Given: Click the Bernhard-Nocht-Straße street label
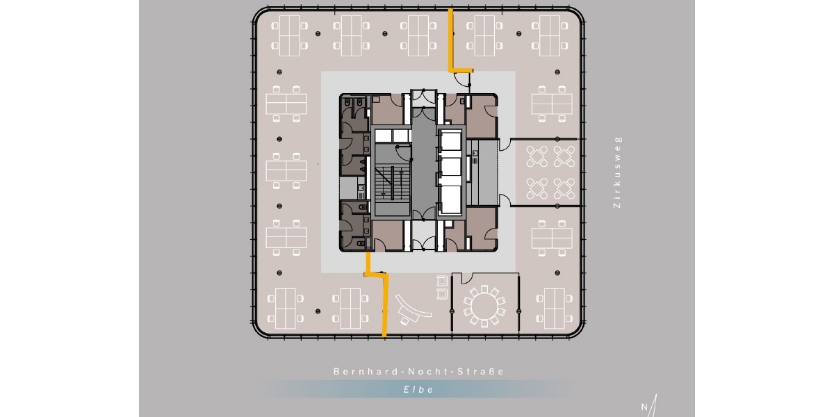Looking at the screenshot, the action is click(x=418, y=372).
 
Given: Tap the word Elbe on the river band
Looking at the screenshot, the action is click(x=419, y=389).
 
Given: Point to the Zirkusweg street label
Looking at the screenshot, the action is click(x=617, y=172).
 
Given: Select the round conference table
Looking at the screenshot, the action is click(x=484, y=306).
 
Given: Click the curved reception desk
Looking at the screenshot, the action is click(x=413, y=310).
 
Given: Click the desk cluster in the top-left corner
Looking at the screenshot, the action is click(x=289, y=35).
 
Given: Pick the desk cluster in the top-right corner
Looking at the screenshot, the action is click(x=550, y=35).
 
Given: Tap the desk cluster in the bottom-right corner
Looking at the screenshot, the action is click(x=555, y=309).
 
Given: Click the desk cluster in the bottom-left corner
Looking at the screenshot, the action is click(x=286, y=309).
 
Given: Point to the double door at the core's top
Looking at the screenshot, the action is click(x=424, y=97).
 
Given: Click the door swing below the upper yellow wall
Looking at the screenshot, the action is click(x=462, y=80).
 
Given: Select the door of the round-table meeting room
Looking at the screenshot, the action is click(x=467, y=278).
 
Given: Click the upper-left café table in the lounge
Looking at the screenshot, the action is click(x=537, y=156).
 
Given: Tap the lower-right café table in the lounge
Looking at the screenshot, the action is click(x=564, y=188).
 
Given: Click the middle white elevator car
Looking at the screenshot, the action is click(x=451, y=166).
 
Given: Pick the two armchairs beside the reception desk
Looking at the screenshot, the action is click(x=441, y=287).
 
